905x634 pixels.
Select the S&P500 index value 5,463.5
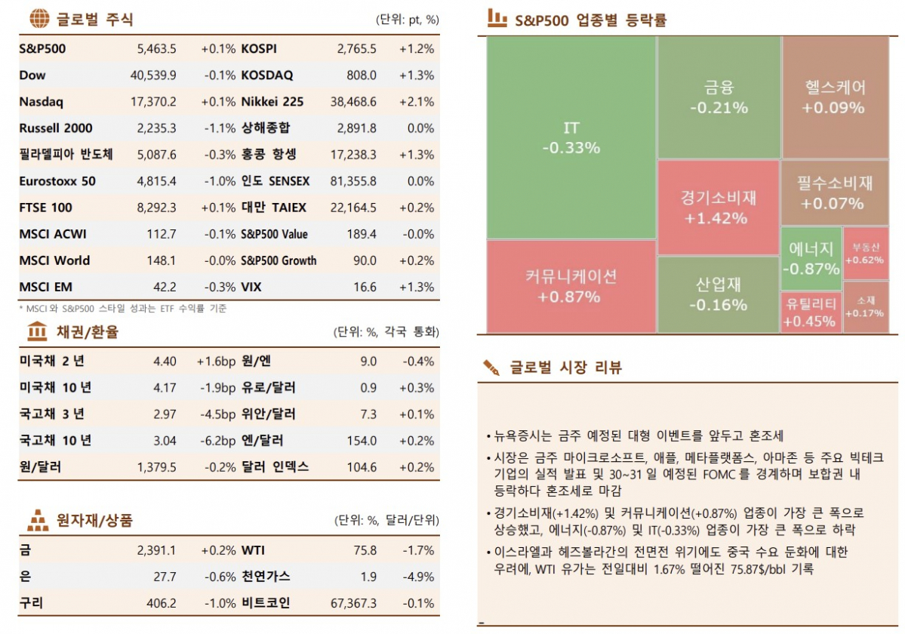(x=157, y=49)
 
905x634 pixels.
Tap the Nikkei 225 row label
(x=272, y=102)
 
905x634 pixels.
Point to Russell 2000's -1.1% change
(x=220, y=128)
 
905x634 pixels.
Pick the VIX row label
(x=252, y=287)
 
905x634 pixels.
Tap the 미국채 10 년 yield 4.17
(x=165, y=388)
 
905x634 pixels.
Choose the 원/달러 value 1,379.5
(x=157, y=467)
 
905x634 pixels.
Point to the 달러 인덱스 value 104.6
(x=362, y=467)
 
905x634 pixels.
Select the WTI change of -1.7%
(x=418, y=550)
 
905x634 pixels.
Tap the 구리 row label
(x=31, y=603)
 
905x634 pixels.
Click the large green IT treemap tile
(x=571, y=137)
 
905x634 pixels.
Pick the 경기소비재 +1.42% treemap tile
(x=717, y=208)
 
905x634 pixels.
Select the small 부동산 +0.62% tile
(x=865, y=254)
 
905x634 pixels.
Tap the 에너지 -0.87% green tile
(x=811, y=258)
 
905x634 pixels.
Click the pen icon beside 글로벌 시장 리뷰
(x=492, y=368)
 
